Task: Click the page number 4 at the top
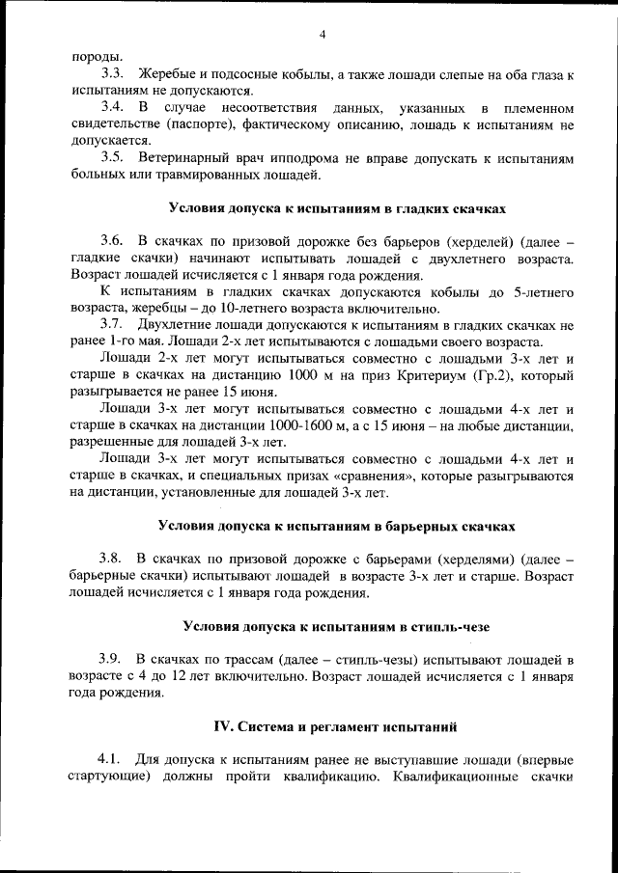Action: pos(323,36)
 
